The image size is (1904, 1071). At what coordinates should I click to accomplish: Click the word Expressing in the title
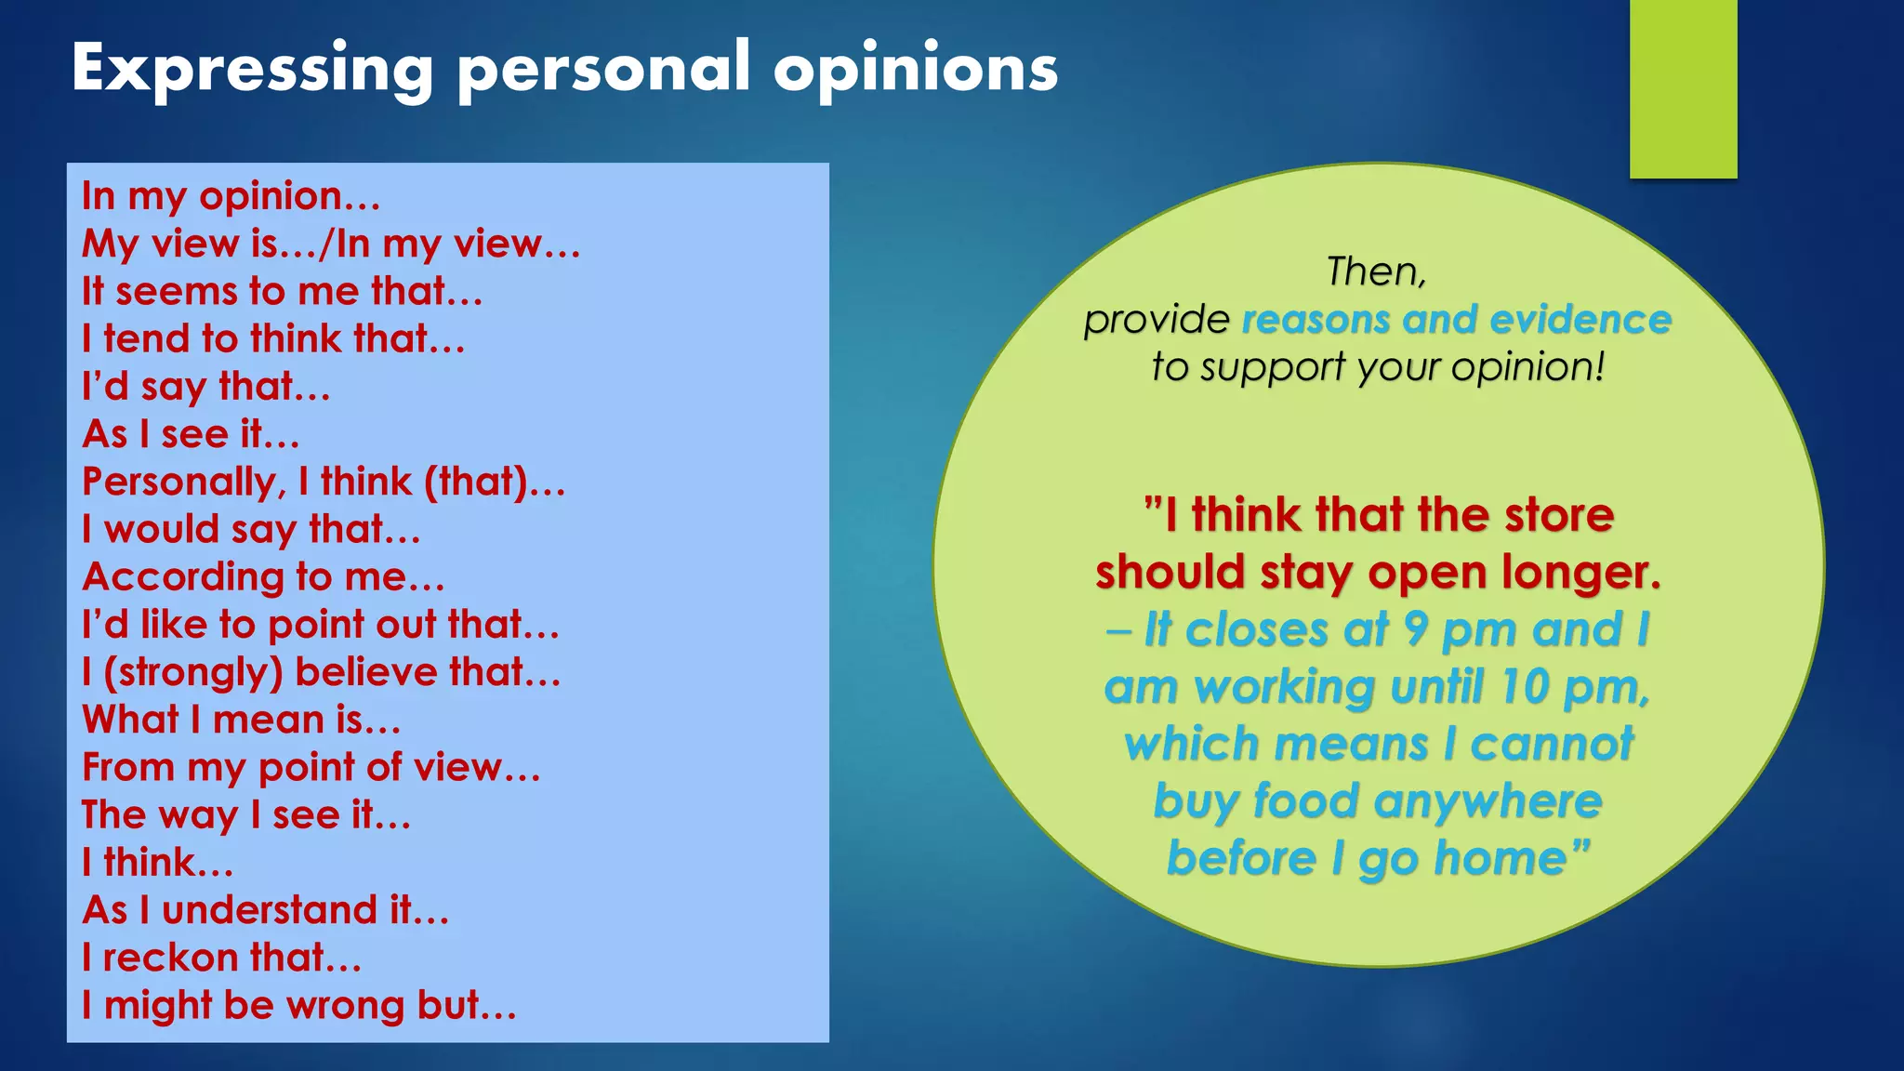(x=252, y=70)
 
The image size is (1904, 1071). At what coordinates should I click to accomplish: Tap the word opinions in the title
(x=916, y=70)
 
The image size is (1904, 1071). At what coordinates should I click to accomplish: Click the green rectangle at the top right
(x=1683, y=88)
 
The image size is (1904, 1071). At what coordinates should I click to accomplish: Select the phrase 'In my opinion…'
(x=231, y=196)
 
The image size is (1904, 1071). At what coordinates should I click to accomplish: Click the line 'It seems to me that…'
(x=282, y=291)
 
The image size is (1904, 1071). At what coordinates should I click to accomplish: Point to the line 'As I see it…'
(x=191, y=434)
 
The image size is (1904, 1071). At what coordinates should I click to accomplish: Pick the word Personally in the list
(x=182, y=483)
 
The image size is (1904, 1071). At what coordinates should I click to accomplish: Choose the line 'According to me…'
(x=263, y=577)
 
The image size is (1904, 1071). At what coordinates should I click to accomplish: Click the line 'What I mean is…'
(x=242, y=720)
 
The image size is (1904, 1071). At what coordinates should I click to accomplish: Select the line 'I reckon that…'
(x=221, y=958)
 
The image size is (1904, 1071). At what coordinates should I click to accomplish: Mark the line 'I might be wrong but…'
(x=298, y=1005)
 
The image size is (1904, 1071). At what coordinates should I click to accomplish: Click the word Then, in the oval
(x=1376, y=271)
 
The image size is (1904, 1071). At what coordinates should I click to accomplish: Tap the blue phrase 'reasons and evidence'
(x=1457, y=320)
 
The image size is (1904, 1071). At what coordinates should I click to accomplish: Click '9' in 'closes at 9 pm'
(x=1415, y=630)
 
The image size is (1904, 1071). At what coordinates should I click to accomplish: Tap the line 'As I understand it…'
(x=265, y=910)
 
